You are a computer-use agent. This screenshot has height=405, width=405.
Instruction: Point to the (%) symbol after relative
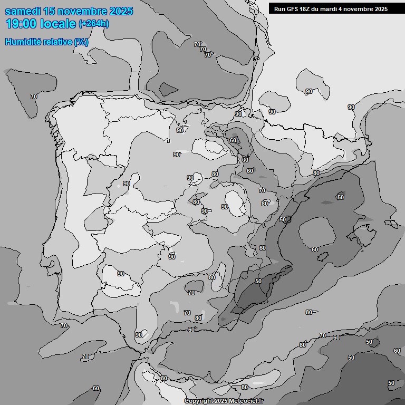tap(82, 42)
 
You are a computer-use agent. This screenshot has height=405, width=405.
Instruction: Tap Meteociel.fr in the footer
tap(246, 401)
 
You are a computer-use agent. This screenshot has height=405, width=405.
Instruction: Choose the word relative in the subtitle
tap(57, 42)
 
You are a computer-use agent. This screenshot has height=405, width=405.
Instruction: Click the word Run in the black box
tap(279, 9)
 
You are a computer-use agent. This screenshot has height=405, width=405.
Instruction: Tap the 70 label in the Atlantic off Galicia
tap(34, 97)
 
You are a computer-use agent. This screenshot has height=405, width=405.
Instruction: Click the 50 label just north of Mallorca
tap(341, 197)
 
